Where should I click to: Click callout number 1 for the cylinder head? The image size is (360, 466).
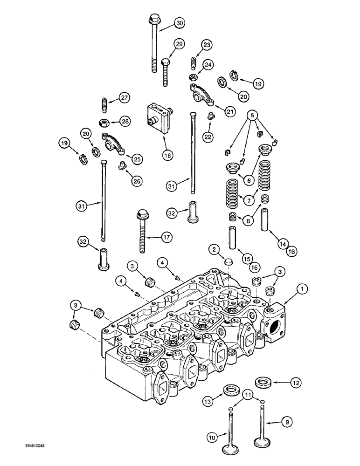coord(304,290)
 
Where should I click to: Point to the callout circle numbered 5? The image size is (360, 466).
coord(252,114)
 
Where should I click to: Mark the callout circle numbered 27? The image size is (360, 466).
coord(124,98)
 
